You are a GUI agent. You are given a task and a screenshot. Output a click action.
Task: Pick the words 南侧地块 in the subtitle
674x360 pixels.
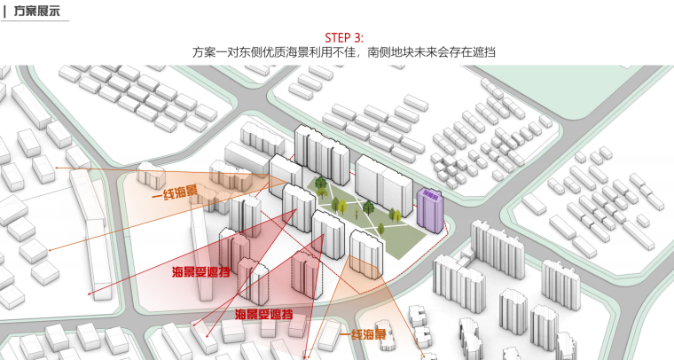point(390,53)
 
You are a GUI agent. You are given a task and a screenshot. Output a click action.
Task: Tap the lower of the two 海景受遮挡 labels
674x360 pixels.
point(264,315)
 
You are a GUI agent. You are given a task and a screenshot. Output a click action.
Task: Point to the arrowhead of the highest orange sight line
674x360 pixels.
point(58,168)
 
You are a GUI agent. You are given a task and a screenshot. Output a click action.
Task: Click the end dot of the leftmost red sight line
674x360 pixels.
point(89,293)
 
